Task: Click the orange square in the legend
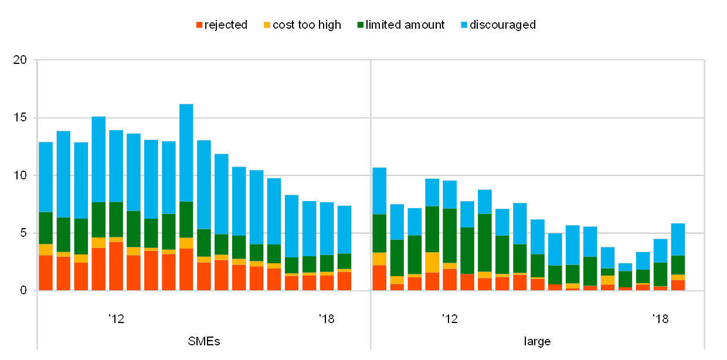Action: (x=199, y=25)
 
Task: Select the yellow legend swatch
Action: (x=267, y=25)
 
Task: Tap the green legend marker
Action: (x=360, y=25)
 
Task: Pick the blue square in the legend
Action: (x=464, y=25)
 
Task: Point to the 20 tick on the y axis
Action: (x=21, y=60)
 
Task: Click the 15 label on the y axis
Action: (x=21, y=117)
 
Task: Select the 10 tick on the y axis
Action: (x=21, y=175)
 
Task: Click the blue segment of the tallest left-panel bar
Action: (x=186, y=152)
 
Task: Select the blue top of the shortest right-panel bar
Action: (x=626, y=267)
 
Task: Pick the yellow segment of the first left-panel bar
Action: (x=46, y=249)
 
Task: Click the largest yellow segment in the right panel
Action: (x=432, y=262)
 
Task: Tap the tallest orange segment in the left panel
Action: (x=116, y=266)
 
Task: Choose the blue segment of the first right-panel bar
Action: (x=379, y=191)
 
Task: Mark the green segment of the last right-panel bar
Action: (x=678, y=265)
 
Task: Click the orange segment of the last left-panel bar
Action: (x=344, y=281)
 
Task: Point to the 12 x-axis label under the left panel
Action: (x=116, y=318)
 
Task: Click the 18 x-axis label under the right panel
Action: (x=661, y=318)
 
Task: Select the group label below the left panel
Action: (x=204, y=341)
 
